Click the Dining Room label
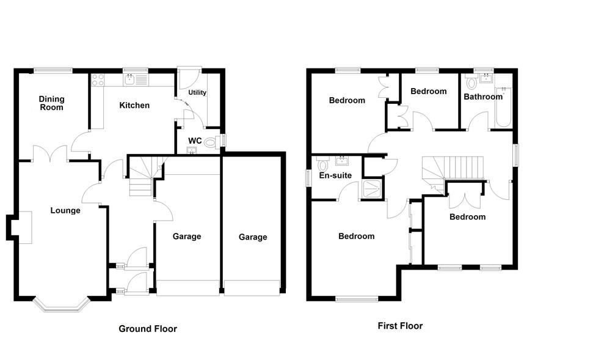tap(51, 103)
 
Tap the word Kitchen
tap(134, 105)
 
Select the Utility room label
tap(197, 93)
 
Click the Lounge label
tap(65, 211)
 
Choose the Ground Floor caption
tap(147, 329)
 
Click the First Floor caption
tap(400, 326)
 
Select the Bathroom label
tap(482, 97)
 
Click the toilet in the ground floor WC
tap(211, 143)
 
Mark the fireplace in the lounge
tap(22, 227)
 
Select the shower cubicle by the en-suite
tap(372, 189)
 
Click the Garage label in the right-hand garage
tap(253, 237)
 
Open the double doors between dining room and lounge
tap(50, 153)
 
